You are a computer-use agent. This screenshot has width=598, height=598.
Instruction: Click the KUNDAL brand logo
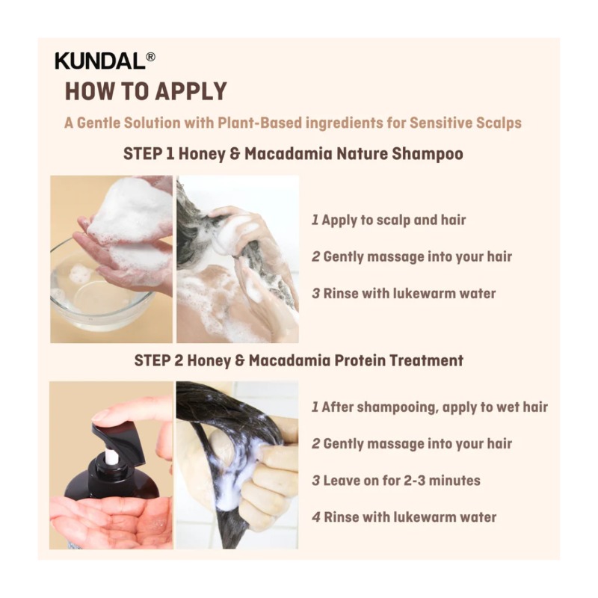pos(100,61)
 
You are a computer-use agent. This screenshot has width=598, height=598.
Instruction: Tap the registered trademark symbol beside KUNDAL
pos(151,57)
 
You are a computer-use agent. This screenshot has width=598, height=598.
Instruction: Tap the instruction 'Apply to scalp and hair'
pos(394,220)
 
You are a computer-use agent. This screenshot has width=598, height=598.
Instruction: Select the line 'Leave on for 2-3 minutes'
pos(401,481)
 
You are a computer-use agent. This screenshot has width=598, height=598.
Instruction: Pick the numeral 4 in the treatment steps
pos(316,517)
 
